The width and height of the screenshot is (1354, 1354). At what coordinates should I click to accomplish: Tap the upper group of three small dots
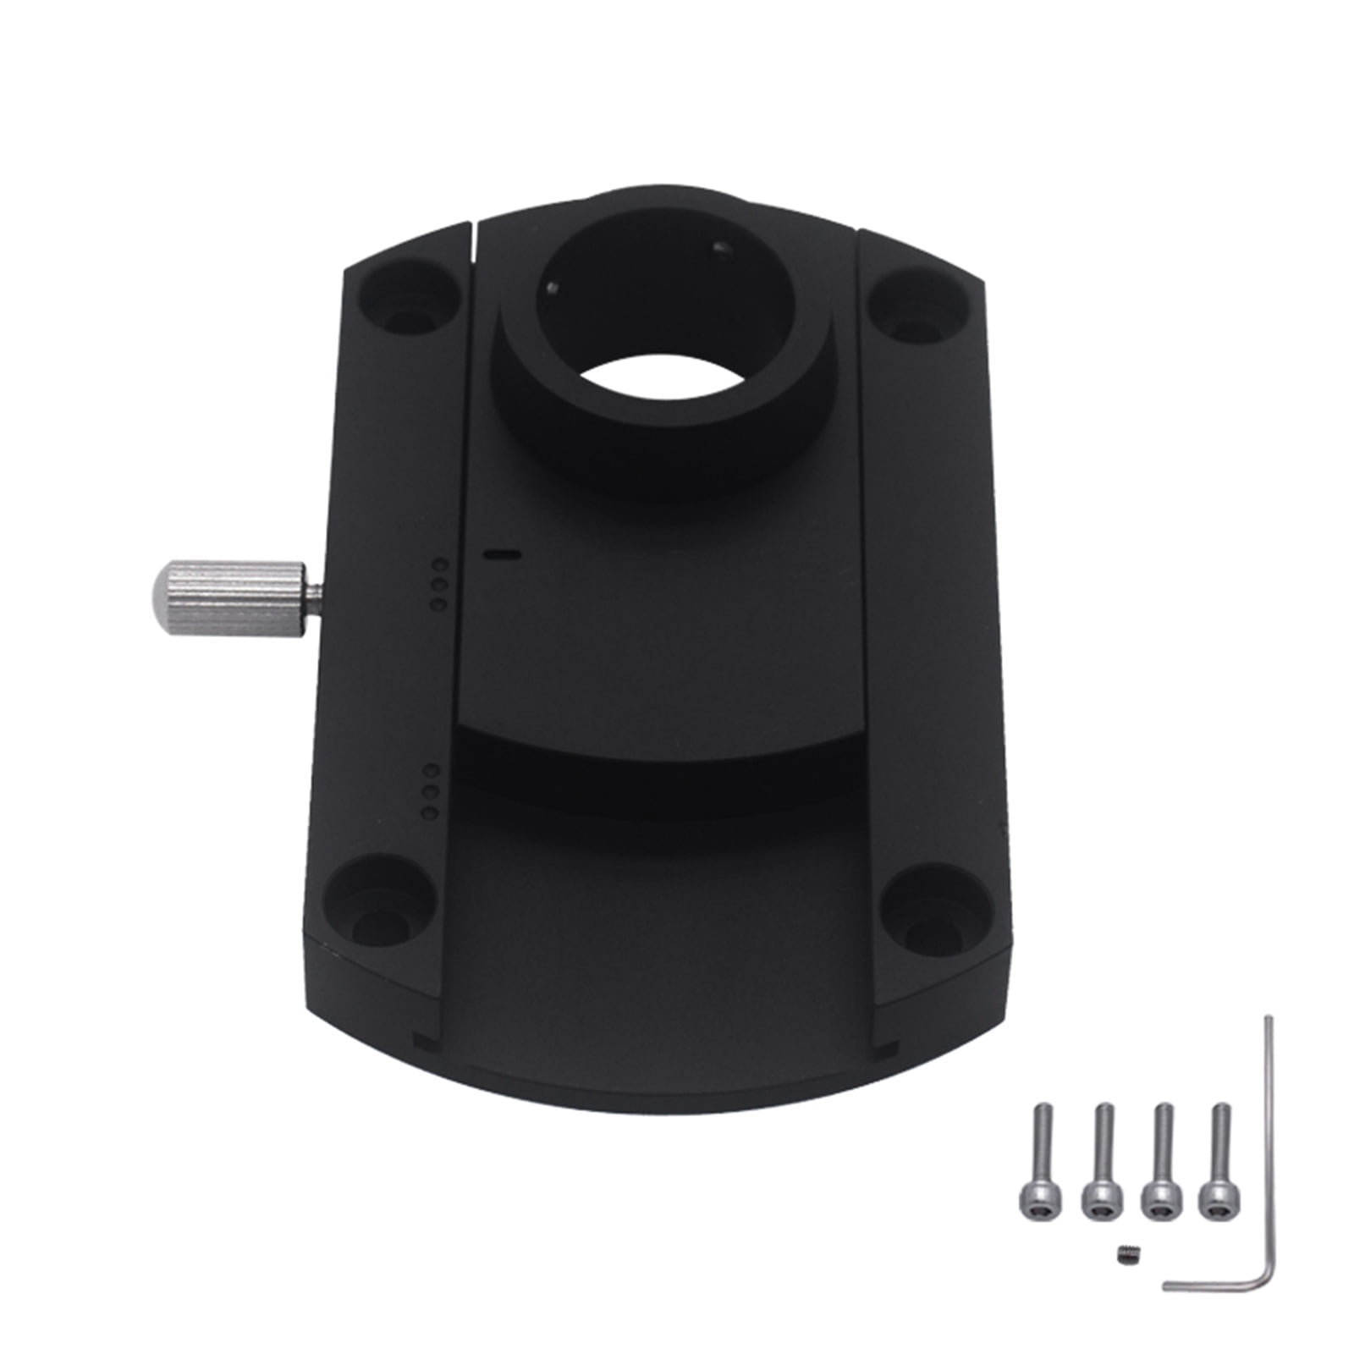tap(438, 584)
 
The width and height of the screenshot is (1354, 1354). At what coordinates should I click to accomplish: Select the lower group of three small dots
tap(431, 792)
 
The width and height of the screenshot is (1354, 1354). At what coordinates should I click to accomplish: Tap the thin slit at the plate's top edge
tap(475, 245)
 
